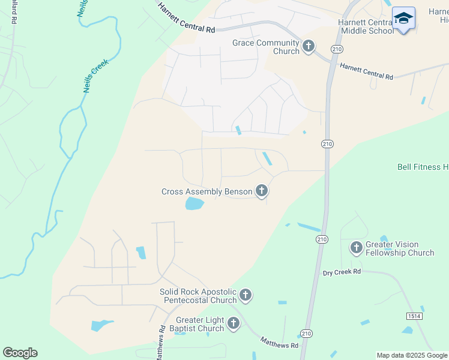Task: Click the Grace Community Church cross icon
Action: (309, 47)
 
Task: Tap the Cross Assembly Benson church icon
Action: (261, 191)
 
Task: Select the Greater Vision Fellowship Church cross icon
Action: (357, 247)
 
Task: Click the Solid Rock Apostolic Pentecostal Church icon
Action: (245, 295)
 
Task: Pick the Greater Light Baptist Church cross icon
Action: (233, 323)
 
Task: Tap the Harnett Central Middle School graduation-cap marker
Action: (403, 19)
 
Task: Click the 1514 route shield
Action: (413, 316)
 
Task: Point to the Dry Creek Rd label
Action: (341, 272)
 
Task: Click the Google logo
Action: (20, 353)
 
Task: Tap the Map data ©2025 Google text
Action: (412, 355)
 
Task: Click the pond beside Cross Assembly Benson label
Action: (194, 205)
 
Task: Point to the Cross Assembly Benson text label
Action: (207, 192)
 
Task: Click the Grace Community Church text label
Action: (266, 47)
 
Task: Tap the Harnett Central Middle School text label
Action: (366, 26)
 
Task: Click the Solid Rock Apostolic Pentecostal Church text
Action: (198, 296)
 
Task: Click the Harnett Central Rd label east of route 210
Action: (366, 72)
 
